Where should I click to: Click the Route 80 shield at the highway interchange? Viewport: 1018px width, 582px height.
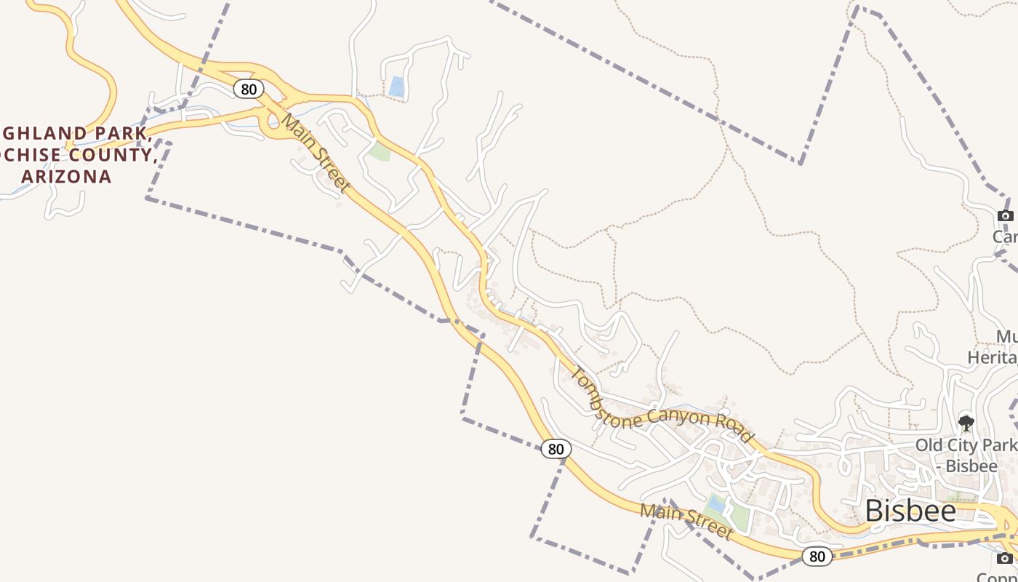click(x=249, y=89)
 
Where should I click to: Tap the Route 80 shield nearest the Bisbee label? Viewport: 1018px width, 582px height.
click(x=817, y=557)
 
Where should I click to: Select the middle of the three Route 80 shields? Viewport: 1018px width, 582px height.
click(x=556, y=449)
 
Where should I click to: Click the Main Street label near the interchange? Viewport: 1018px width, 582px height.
click(x=316, y=153)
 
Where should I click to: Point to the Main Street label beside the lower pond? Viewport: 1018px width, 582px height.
click(x=686, y=521)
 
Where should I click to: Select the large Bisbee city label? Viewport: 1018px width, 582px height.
click(x=910, y=511)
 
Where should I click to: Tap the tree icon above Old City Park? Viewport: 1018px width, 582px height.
click(x=966, y=423)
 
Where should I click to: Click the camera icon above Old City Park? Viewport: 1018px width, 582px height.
click(x=1006, y=215)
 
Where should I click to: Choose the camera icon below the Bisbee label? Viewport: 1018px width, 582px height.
click(x=1005, y=558)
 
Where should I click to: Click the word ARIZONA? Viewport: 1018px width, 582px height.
click(x=66, y=177)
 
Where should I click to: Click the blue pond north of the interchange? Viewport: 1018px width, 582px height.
click(x=396, y=87)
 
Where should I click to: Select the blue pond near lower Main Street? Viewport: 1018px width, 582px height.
click(x=716, y=503)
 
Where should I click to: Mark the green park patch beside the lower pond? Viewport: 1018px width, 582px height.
click(x=739, y=517)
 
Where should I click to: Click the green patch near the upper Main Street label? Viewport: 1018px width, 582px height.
click(x=380, y=151)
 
